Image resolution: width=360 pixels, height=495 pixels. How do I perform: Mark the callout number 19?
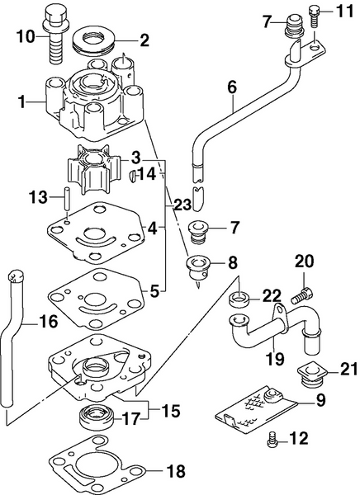tap(273, 360)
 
